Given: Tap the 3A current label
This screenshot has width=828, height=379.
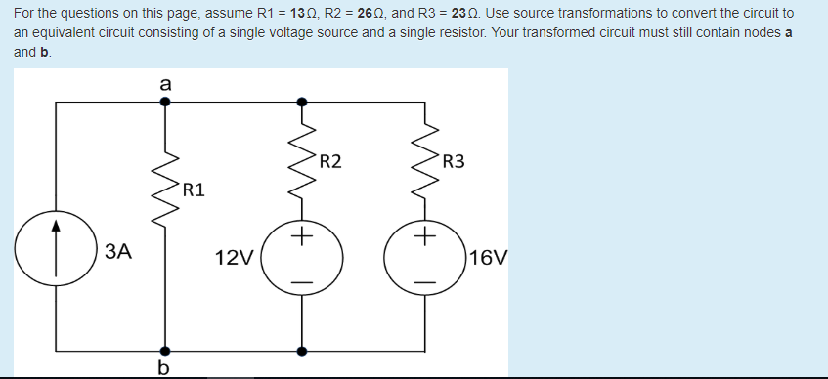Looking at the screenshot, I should pos(117,253).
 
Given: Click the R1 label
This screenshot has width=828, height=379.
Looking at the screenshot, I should pos(193,189).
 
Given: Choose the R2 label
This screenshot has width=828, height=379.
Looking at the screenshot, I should pos(330,161).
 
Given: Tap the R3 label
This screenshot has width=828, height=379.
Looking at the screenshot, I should pos(454,161).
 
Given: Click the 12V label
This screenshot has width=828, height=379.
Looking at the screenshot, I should pos(234,259).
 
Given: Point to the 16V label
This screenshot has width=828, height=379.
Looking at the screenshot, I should pos(488,259).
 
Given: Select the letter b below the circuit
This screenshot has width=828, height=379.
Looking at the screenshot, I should pos(163,367).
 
